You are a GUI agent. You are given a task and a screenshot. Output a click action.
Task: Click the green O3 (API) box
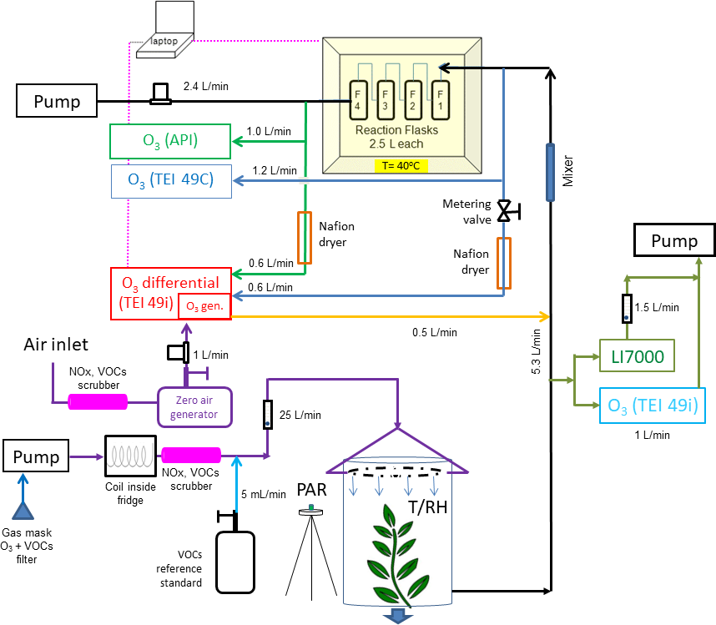click(x=169, y=141)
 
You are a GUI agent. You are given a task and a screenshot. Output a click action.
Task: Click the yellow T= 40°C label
click(x=401, y=164)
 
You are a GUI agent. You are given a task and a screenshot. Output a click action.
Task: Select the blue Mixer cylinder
click(x=550, y=173)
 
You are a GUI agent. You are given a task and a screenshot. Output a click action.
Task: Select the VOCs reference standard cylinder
click(x=234, y=562)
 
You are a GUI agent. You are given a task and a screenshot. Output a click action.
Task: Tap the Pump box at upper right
click(x=673, y=241)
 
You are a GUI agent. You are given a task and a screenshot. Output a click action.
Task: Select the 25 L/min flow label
click(x=301, y=414)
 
